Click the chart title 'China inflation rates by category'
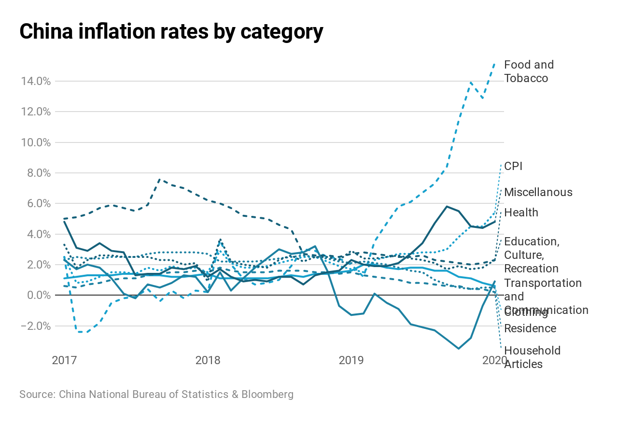pyautogui.click(x=171, y=32)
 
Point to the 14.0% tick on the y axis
pyautogui.click(x=36, y=81)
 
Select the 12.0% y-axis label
pyautogui.click(x=36, y=112)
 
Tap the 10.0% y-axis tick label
pyautogui.click(x=36, y=142)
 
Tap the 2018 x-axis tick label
pyautogui.click(x=208, y=360)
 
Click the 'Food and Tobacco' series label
pyautogui.click(x=529, y=71)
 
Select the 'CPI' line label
pyautogui.click(x=513, y=167)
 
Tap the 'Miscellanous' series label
pyautogui.click(x=538, y=192)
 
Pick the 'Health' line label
pyautogui.click(x=521, y=212)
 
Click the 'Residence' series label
pyautogui.click(x=530, y=329)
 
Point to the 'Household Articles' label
pyautogui.click(x=532, y=357)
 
